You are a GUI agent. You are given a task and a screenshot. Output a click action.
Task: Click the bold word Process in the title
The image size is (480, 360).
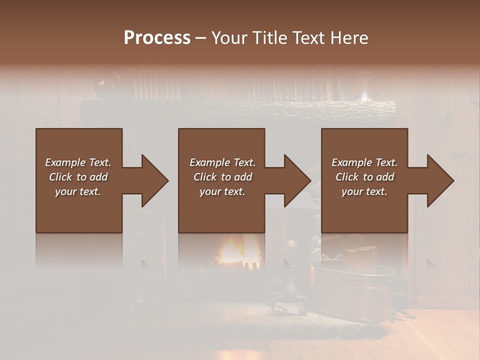157,37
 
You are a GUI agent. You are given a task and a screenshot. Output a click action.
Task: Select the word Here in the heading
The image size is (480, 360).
349,38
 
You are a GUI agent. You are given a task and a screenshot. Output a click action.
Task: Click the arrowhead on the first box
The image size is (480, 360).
150,180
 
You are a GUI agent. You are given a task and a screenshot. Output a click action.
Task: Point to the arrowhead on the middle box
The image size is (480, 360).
292,180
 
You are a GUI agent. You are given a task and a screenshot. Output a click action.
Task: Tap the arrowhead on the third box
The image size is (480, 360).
435,180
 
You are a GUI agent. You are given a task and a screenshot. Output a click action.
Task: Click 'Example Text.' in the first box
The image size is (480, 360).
78,162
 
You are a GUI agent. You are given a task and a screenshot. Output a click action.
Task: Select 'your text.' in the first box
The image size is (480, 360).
78,191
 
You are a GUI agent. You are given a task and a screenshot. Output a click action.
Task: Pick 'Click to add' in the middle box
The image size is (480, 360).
222,177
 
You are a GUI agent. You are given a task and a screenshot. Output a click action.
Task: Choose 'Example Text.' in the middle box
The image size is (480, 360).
222,162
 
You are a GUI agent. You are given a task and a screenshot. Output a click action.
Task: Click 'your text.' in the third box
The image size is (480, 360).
364,191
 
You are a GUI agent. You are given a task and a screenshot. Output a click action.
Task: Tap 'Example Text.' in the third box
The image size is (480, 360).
364,162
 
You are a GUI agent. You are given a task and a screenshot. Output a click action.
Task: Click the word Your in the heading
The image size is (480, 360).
229,38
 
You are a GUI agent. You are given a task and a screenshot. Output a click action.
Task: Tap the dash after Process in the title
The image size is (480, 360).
200,38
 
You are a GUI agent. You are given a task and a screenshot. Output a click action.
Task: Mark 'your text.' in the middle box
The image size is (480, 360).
222,191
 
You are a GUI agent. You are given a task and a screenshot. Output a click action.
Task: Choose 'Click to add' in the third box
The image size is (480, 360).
364,177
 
